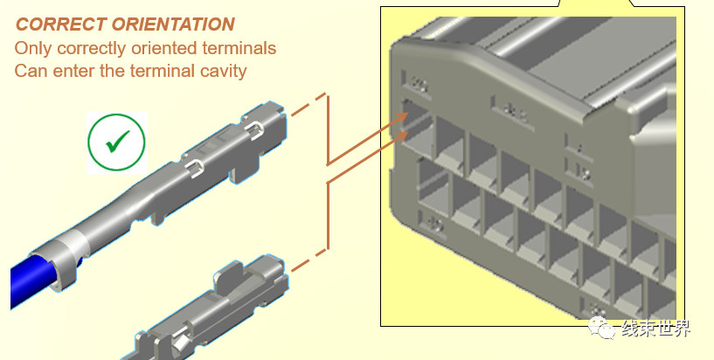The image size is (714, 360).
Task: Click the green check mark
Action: click(117, 142)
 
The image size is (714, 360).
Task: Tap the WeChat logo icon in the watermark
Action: click(600, 327)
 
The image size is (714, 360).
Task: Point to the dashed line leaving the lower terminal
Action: click(308, 260)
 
